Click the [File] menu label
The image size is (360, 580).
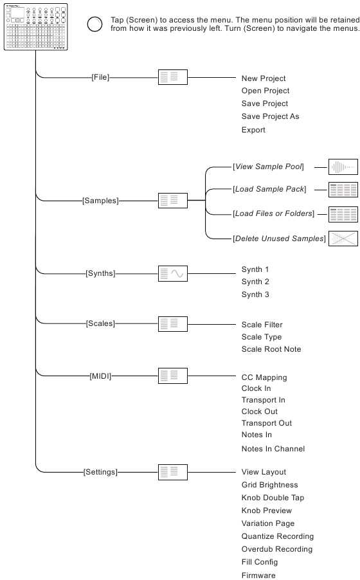pyautogui.click(x=100, y=77)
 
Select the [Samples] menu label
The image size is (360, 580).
pyautogui.click(x=100, y=201)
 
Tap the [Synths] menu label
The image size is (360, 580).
pyautogui.click(x=100, y=273)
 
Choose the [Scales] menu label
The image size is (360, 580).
pyautogui.click(x=100, y=323)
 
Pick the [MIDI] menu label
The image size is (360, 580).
pyautogui.click(x=100, y=376)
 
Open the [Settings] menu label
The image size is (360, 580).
pyautogui.click(x=100, y=472)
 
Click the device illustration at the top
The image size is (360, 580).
pyautogui.click(x=35, y=26)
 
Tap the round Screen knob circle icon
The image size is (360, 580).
pyautogui.click(x=94, y=24)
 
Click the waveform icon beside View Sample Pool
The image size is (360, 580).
pyautogui.click(x=343, y=167)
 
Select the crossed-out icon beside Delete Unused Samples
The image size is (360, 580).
pyautogui.click(x=343, y=239)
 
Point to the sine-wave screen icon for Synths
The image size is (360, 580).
pyautogui.click(x=173, y=274)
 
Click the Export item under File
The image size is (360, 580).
pyautogui.click(x=253, y=130)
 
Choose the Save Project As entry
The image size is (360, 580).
pyautogui.click(x=271, y=116)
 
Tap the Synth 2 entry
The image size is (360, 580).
pyautogui.click(x=255, y=282)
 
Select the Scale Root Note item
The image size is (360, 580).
pyautogui.click(x=271, y=349)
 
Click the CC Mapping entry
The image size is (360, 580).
pyautogui.click(x=264, y=377)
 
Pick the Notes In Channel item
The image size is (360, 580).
pyautogui.click(x=273, y=449)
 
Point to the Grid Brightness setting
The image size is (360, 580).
pyautogui.click(x=270, y=485)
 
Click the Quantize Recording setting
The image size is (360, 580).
pyautogui.click(x=278, y=536)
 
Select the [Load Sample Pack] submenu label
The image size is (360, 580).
pyautogui.click(x=269, y=189)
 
